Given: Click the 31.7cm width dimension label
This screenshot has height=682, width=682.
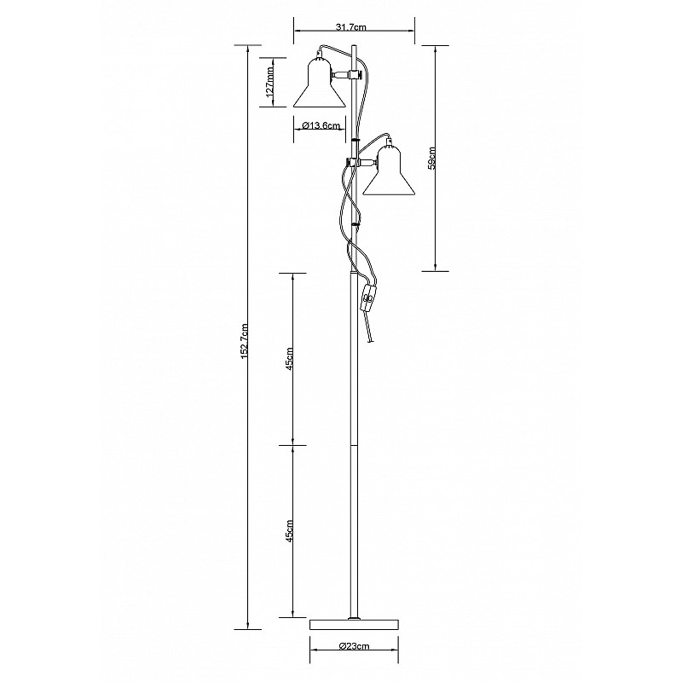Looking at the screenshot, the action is tap(351, 27).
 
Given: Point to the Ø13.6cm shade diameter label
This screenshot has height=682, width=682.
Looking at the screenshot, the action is tap(321, 125).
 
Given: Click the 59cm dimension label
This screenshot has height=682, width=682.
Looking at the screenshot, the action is tap(431, 158).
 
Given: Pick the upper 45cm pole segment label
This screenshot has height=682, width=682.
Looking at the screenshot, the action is tap(290, 358).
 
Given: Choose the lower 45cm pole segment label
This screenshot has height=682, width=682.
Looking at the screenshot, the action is tap(290, 530).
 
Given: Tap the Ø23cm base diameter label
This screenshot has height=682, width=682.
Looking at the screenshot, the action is tap(354, 645).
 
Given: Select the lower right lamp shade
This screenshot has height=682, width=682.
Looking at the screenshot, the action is tap(390, 173).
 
